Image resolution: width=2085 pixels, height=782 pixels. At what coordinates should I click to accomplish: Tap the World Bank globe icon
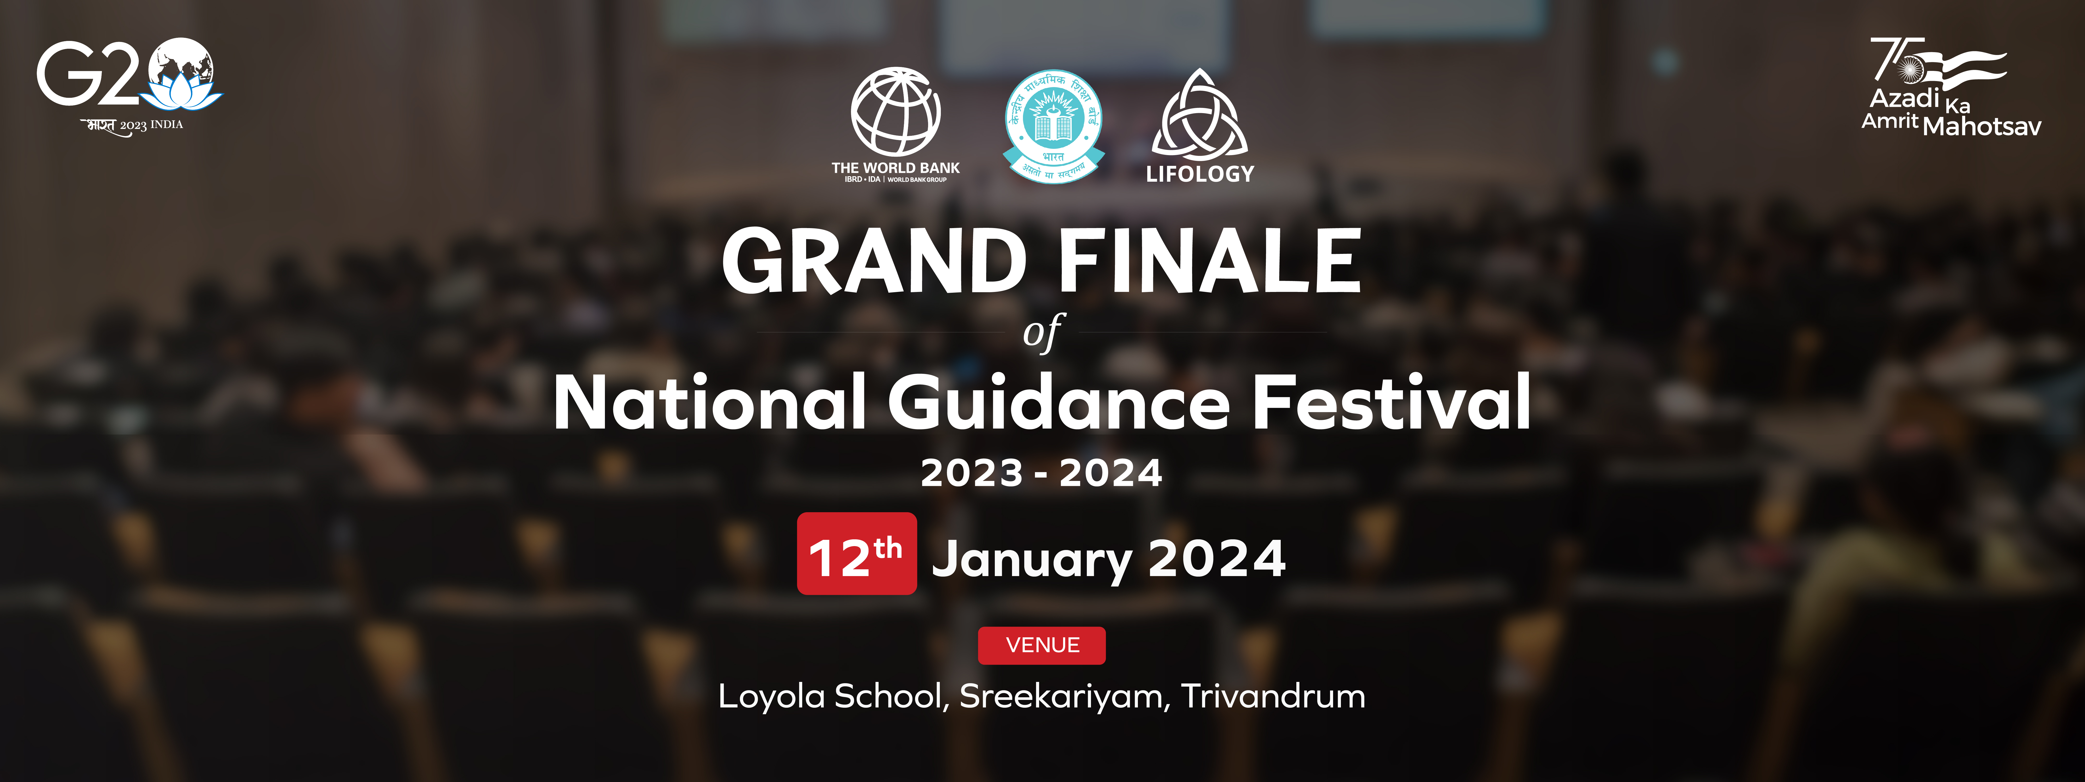895,112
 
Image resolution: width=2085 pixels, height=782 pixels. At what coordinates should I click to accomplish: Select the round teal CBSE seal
1053,125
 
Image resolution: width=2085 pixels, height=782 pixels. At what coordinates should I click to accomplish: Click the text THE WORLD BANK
895,168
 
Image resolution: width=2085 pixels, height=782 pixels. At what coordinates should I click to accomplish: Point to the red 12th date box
856,554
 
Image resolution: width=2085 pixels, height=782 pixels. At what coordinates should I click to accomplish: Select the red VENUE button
1042,645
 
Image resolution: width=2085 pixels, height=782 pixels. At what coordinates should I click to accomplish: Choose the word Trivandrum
1273,696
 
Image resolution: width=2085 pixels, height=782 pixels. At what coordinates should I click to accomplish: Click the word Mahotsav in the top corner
1982,126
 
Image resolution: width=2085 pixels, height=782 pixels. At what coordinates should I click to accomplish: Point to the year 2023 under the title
972,473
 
